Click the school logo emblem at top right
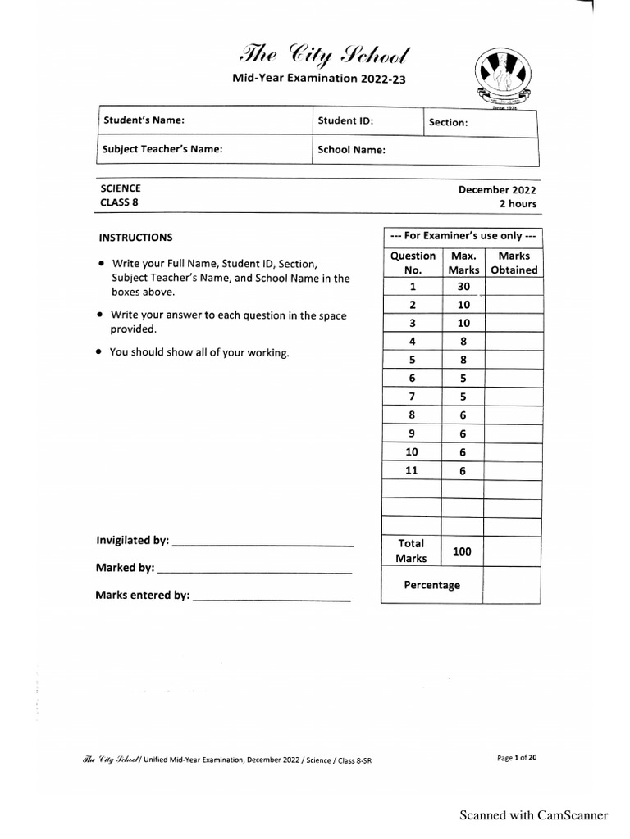(x=505, y=77)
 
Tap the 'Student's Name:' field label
(x=143, y=120)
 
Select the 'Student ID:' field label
(x=345, y=120)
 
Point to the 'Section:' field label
(x=448, y=122)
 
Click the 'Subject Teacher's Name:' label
(x=162, y=150)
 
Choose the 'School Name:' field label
(x=351, y=150)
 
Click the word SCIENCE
(x=121, y=188)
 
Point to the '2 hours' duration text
(x=517, y=204)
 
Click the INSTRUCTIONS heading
(x=136, y=238)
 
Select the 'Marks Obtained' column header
(x=513, y=263)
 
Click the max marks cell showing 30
(x=463, y=287)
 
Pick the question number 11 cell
(x=413, y=470)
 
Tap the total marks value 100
(x=462, y=551)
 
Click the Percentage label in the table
(x=431, y=585)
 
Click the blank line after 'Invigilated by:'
(x=263, y=543)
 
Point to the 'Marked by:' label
(x=125, y=568)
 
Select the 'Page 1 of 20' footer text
(x=517, y=758)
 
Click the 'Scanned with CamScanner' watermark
(x=533, y=814)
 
